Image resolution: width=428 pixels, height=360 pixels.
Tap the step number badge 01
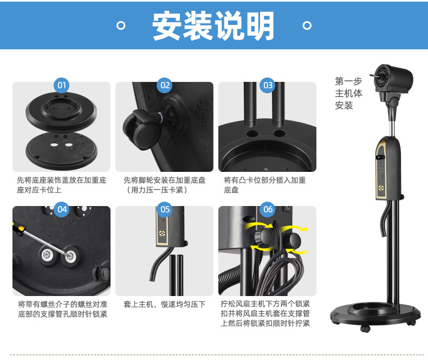point(62,85)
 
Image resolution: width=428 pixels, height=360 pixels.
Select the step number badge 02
point(165,85)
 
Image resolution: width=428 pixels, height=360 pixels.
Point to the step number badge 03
point(268,85)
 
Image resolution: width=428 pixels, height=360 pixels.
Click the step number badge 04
point(62,209)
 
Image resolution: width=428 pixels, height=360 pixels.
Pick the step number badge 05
point(165,209)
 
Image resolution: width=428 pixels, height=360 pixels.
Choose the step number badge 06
point(268,209)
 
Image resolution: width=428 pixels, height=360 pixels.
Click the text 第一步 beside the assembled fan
point(348,81)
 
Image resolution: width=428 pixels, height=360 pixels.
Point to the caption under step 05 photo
point(164,304)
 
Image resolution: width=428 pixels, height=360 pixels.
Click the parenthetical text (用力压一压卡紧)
point(157,190)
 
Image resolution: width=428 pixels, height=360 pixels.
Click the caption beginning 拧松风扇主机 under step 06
point(265,313)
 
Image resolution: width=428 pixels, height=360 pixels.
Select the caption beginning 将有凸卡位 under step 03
point(264,185)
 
